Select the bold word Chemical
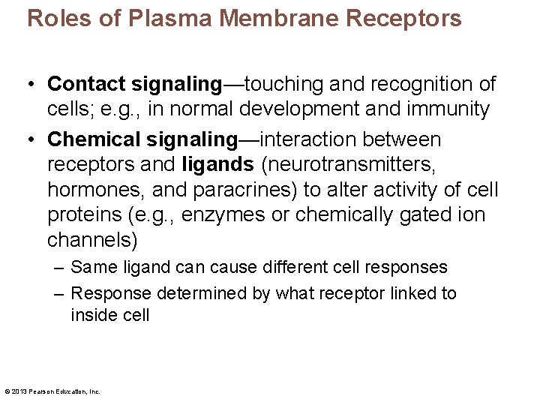(94, 139)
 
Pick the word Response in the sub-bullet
(106, 293)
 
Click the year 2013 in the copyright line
(19, 391)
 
